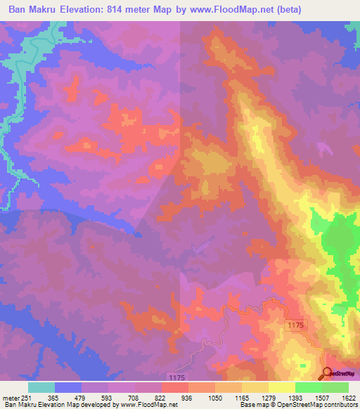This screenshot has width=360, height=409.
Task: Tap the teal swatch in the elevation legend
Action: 41,387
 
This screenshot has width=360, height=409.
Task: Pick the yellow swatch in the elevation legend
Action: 281,387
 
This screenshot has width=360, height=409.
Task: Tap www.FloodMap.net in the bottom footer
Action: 139,405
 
